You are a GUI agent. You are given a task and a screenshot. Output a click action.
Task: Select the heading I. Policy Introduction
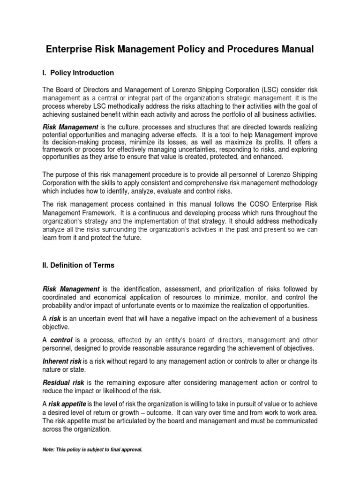click(78, 73)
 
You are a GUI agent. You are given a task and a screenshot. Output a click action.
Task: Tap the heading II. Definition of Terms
click(78, 265)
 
